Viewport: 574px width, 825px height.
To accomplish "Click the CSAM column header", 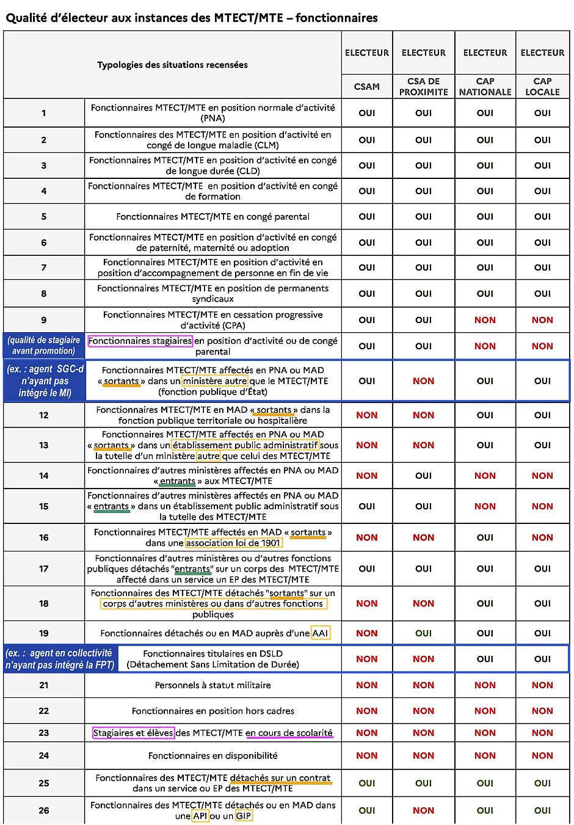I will [366, 87].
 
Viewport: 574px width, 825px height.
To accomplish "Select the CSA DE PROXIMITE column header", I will [423, 87].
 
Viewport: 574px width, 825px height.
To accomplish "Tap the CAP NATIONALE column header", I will [485, 87].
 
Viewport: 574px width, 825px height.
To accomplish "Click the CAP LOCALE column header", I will [542, 87].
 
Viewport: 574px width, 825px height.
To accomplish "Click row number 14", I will [44, 476].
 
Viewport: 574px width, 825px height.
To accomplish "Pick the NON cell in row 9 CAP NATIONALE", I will [485, 320].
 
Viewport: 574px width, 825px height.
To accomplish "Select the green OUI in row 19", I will [423, 633].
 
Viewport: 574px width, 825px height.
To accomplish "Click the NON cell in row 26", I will [423, 811].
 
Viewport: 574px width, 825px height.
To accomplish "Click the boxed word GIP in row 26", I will [244, 816].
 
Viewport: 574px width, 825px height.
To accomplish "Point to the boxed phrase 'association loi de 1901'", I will [233, 543].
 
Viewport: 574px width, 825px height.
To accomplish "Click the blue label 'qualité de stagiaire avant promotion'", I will [44, 346].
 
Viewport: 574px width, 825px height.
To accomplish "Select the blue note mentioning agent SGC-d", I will [44, 381].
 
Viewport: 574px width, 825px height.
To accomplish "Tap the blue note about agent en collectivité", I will [60, 659].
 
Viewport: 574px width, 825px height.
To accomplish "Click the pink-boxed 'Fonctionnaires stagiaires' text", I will [140, 341].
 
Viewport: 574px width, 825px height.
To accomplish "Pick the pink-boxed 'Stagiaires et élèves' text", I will [133, 733].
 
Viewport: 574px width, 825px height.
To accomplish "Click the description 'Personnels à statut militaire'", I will [213, 685].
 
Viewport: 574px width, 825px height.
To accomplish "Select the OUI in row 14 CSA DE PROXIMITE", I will [423, 476].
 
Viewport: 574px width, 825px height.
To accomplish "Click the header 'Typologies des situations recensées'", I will [172, 65].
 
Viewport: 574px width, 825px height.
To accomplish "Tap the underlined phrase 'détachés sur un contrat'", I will [280, 778].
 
